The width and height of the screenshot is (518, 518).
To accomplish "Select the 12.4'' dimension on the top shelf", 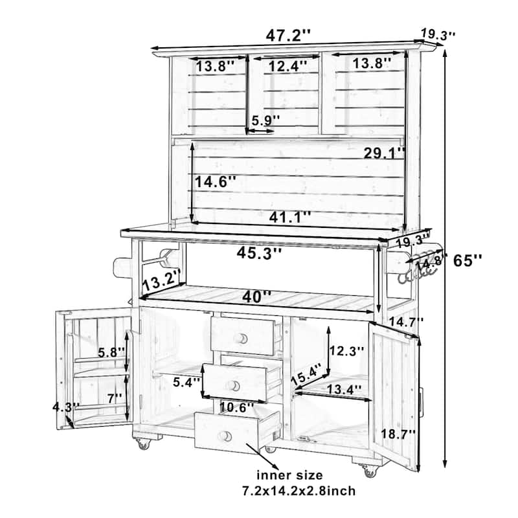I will [x=286, y=65].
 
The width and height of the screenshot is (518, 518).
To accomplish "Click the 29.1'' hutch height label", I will [x=384, y=153].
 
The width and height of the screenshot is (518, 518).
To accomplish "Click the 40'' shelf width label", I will [x=257, y=297].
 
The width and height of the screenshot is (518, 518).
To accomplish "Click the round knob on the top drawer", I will [x=242, y=338].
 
